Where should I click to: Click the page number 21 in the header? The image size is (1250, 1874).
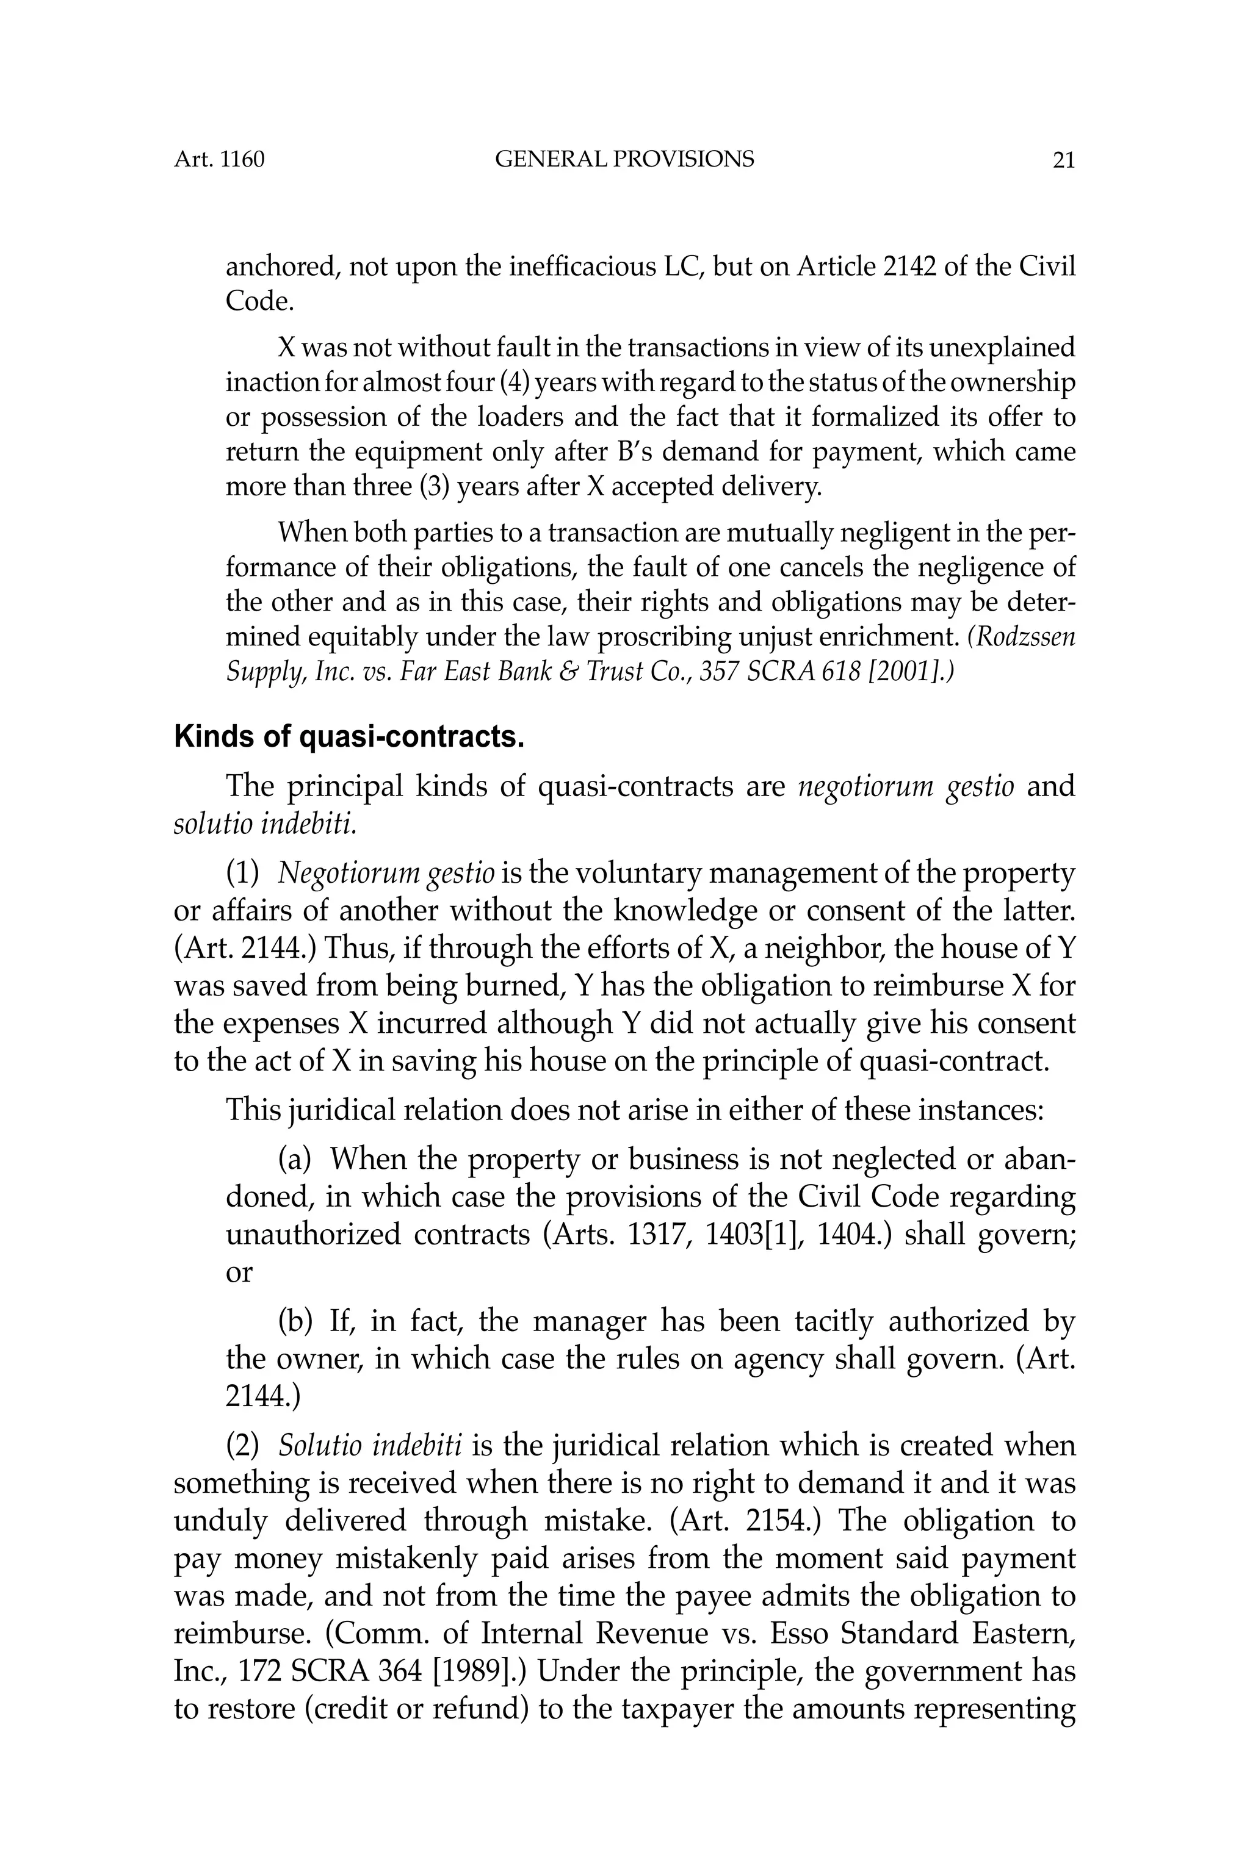pyautogui.click(x=1063, y=160)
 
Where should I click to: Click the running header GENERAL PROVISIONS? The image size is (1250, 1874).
pyautogui.click(x=624, y=159)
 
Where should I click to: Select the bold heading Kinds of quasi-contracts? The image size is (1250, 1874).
pyautogui.click(x=349, y=737)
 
